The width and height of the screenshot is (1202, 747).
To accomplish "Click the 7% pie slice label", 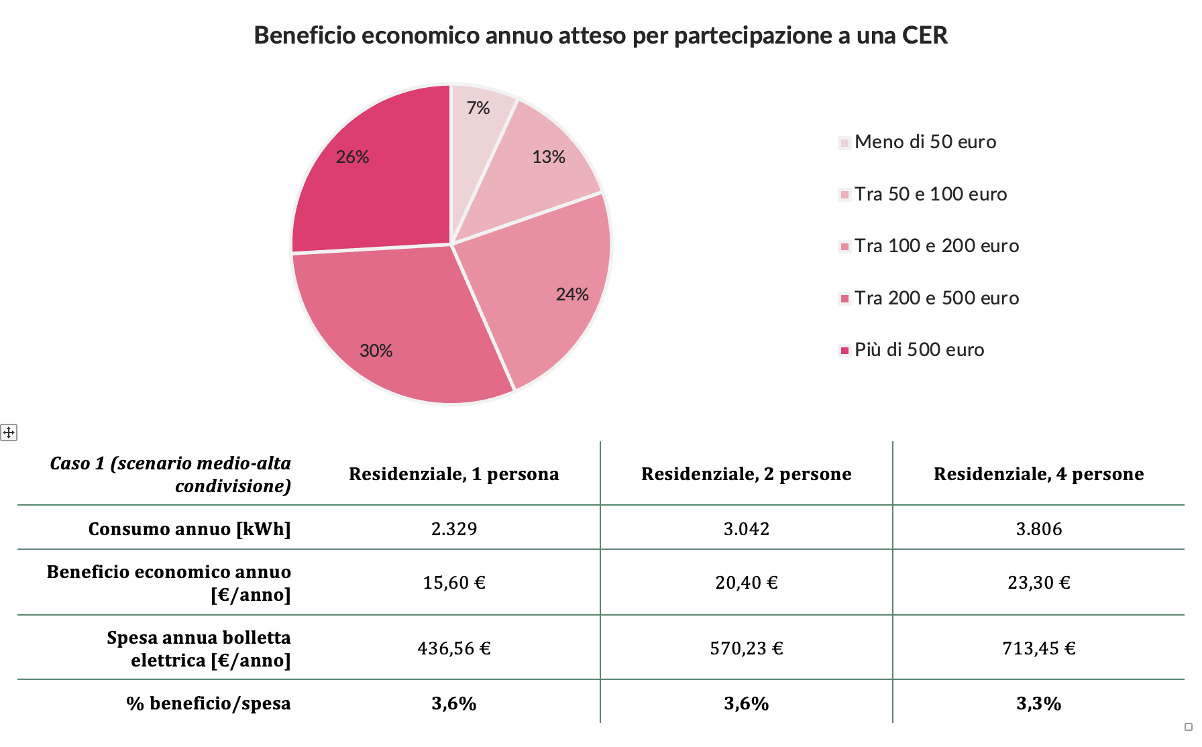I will pos(478,108).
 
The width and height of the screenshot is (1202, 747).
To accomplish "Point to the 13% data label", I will pos(548,157).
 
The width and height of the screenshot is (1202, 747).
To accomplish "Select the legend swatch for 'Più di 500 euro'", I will pos(845,350).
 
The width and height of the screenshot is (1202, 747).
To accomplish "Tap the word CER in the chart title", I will pos(924,36).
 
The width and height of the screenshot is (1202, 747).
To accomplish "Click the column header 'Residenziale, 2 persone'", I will pos(746,474).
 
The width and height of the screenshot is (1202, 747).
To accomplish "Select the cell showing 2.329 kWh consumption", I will pos(454,529).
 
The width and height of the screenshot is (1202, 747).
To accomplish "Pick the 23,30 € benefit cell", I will pos(1038,583).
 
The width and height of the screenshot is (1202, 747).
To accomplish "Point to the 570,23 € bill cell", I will pos(746,648).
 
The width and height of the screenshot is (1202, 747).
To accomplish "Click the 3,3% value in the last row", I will pos(1038,703).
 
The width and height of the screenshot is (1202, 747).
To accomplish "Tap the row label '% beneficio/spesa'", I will pos(209,703).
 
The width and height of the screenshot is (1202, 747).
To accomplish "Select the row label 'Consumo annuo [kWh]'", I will pos(190,529).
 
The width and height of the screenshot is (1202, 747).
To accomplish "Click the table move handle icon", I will pos(9,433).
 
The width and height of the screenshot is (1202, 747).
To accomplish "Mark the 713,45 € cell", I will pos(1038,648).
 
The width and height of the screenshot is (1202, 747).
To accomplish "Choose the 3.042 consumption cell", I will pos(746,529).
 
